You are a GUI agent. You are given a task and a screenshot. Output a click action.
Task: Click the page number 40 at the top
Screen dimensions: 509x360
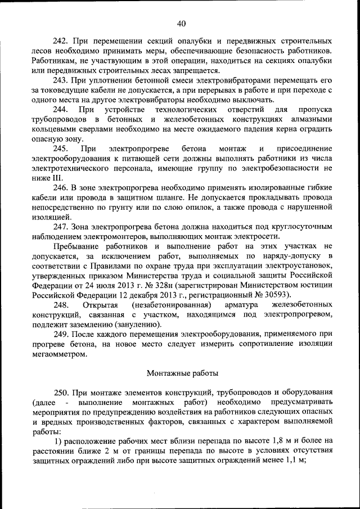tap(181, 23)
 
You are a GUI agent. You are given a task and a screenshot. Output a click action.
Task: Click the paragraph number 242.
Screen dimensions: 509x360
tap(61, 42)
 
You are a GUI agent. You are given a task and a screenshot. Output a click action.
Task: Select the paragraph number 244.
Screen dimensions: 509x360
tap(61, 109)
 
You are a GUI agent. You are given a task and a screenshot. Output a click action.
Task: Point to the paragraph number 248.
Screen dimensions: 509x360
tap(61, 304)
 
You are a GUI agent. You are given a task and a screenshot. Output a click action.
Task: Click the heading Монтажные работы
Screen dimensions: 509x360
tap(180, 373)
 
